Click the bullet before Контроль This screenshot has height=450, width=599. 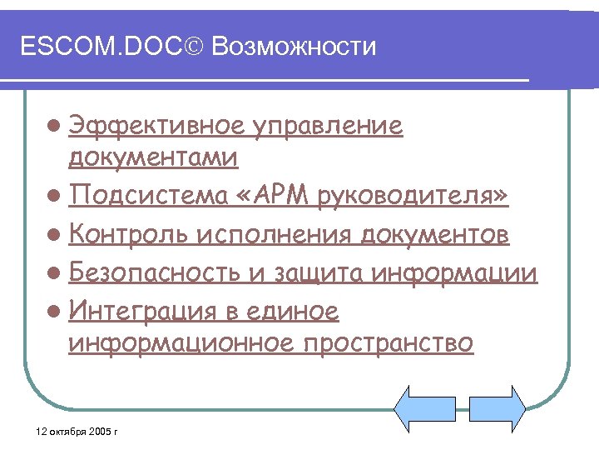(x=54, y=236)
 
